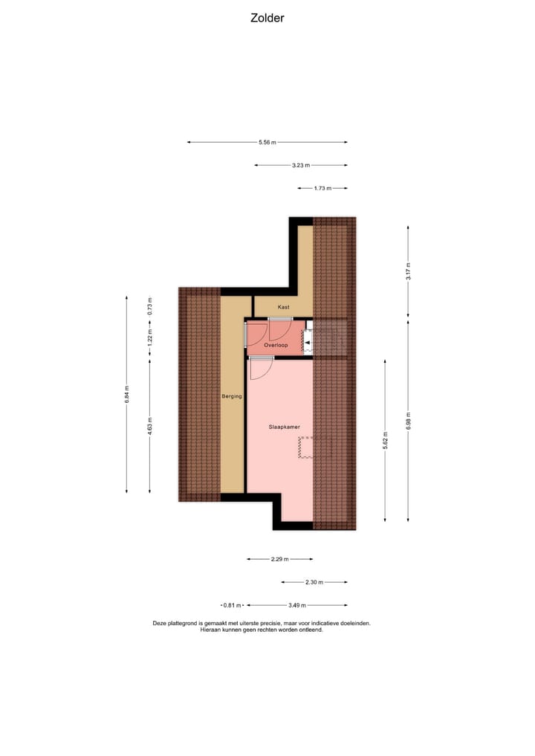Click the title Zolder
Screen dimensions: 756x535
point(267,18)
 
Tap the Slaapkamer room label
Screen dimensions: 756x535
point(283,427)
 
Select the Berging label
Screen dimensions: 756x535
point(232,396)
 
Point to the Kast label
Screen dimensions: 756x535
point(283,306)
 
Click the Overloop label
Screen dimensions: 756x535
point(276,345)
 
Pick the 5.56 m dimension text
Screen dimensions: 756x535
point(267,142)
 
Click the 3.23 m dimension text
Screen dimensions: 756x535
point(301,165)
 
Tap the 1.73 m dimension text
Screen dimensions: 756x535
point(322,188)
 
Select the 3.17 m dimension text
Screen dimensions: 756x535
point(408,271)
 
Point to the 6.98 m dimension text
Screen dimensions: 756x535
point(408,420)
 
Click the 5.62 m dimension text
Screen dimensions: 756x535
point(385,440)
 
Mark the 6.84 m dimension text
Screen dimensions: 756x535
point(127,394)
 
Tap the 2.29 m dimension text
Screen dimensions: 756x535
point(279,559)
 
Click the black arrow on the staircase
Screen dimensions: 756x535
point(308,342)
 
